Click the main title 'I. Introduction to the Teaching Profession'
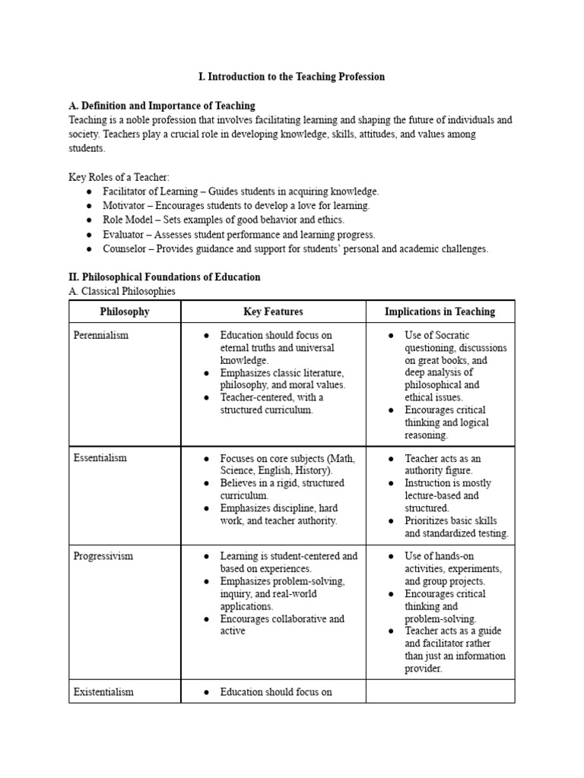pyautogui.click(x=292, y=77)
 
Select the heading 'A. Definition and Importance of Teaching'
pyautogui.click(x=162, y=106)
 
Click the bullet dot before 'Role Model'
pyautogui.click(x=89, y=220)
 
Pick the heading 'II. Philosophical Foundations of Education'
pyautogui.click(x=164, y=277)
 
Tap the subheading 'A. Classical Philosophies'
pyautogui.click(x=122, y=292)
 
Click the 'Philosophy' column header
pyautogui.click(x=125, y=312)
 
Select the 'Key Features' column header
pyautogui.click(x=273, y=312)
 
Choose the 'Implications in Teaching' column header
pyautogui.click(x=440, y=312)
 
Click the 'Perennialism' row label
pyautogui.click(x=101, y=335)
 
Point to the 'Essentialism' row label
pyautogui.click(x=100, y=458)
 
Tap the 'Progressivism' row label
pyautogui.click(x=103, y=556)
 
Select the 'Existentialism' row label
pyautogui.click(x=103, y=692)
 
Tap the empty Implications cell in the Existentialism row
pyautogui.click(x=440, y=692)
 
